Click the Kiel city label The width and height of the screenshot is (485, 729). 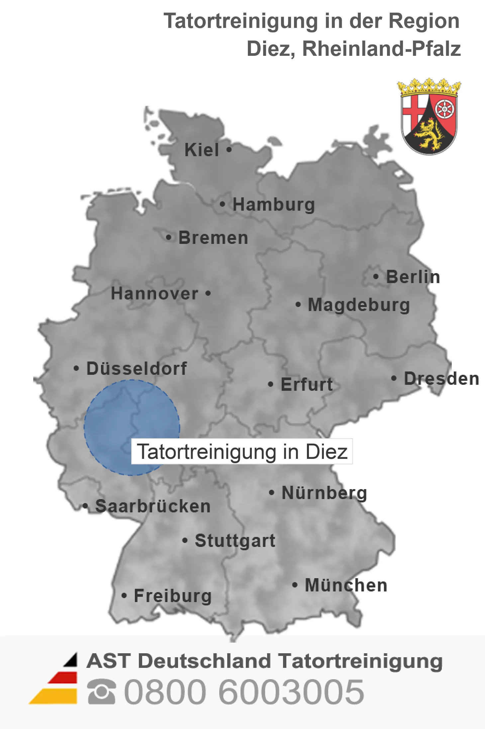202,150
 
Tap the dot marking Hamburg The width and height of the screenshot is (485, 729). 222,204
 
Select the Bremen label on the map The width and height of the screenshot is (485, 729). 213,238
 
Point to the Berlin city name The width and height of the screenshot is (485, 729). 413,277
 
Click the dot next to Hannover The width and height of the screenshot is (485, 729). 208,293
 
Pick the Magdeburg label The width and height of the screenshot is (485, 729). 359,305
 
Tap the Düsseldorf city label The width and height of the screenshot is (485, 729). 137,368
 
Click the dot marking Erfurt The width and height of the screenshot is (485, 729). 270,384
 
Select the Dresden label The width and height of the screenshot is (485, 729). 441,379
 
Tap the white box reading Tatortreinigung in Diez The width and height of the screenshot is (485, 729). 242,452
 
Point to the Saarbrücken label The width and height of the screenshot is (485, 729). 153,506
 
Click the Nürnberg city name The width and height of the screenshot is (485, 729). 324,493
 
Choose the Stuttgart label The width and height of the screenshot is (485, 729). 235,541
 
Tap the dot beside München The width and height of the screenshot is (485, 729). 294,585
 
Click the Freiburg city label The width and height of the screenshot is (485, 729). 173,596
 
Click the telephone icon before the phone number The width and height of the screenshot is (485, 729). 102,692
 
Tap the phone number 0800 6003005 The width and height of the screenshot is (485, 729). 244,692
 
